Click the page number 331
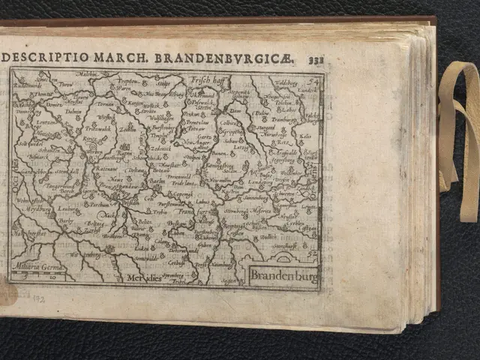pyautogui.click(x=316, y=59)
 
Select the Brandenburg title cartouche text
pyautogui.click(x=283, y=275)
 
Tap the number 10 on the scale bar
pyautogui.click(x=53, y=276)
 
